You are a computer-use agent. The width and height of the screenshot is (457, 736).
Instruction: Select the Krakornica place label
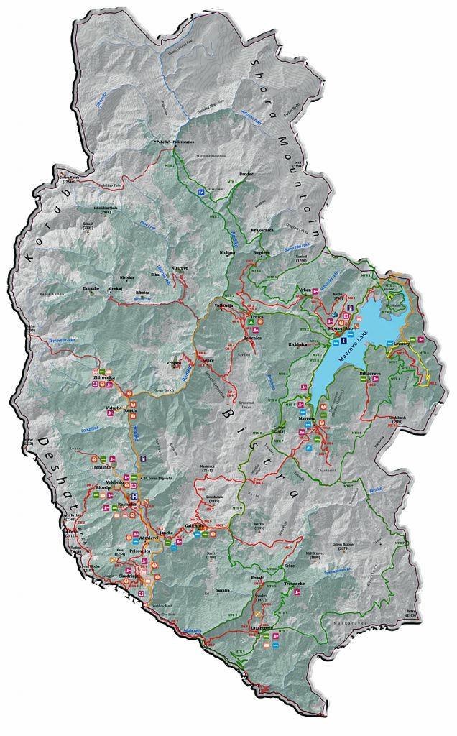point(263,230)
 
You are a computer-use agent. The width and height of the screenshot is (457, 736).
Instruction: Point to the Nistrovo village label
point(180,267)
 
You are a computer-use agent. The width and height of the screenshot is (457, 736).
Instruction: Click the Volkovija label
point(225,306)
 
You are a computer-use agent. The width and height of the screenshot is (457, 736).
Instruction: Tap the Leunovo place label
point(401,344)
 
